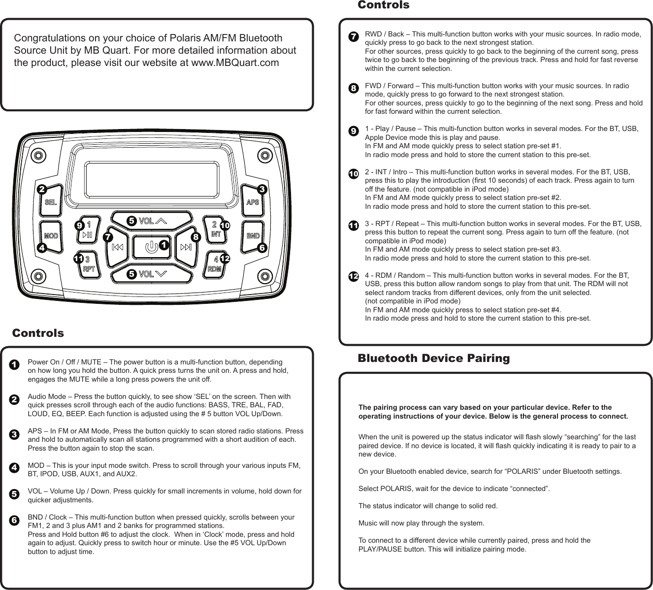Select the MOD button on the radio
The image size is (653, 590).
(51, 236)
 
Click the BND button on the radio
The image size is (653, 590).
(253, 236)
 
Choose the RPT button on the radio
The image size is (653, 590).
(89, 265)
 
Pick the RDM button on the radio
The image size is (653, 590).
(215, 265)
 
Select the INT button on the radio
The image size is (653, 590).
(215, 230)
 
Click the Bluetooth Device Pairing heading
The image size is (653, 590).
(433, 359)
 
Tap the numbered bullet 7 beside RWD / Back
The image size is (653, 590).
(353, 37)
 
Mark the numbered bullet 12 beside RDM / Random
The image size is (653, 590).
(353, 277)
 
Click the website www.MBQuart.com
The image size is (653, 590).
(234, 63)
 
